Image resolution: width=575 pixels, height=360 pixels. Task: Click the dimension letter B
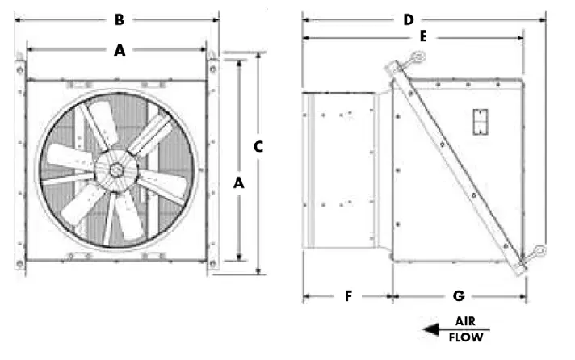(x=119, y=19)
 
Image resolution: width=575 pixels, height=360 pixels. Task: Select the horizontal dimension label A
(x=120, y=50)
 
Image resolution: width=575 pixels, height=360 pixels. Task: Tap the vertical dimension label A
(x=238, y=183)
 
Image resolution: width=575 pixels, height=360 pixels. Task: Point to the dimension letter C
(x=258, y=146)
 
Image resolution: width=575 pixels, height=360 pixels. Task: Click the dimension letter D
(x=408, y=19)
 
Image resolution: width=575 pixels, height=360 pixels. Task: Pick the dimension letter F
(x=348, y=296)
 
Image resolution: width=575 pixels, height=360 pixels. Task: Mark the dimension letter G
(x=459, y=296)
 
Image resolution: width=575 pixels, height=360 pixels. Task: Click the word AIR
(x=465, y=321)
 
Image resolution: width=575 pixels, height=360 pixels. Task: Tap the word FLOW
(x=466, y=337)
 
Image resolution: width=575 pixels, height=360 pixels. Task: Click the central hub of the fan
(x=117, y=170)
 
